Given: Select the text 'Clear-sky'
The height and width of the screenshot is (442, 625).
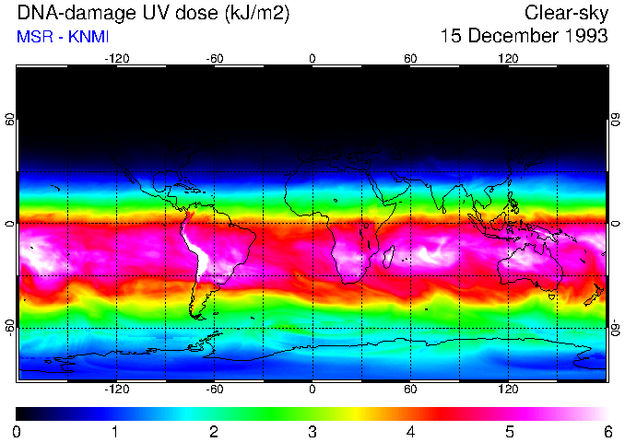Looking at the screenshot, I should pyautogui.click(x=565, y=14).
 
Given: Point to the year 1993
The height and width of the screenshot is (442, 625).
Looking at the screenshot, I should pyautogui.click(x=586, y=37).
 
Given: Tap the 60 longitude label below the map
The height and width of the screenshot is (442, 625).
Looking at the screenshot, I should pyautogui.click(x=410, y=389).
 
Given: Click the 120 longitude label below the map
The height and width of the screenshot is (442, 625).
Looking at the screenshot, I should pyautogui.click(x=508, y=389).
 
